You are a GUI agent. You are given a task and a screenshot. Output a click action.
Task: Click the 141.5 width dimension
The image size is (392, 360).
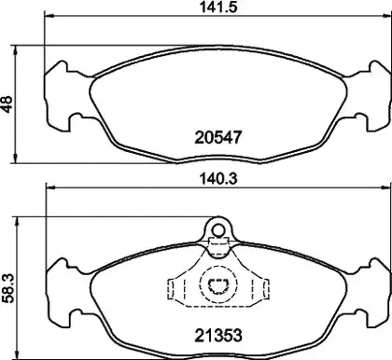(218, 7)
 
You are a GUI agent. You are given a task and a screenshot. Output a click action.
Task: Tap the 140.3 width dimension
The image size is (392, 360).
(218, 179)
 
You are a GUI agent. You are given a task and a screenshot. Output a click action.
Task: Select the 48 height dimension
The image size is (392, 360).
(7, 104)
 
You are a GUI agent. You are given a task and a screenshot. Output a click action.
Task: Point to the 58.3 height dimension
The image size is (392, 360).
(7, 288)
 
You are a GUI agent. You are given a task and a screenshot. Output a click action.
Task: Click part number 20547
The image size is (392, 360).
(218, 137)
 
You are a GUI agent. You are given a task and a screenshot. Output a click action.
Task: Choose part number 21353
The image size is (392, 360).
(218, 336)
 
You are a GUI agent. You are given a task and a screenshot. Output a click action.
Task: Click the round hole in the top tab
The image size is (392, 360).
(218, 230)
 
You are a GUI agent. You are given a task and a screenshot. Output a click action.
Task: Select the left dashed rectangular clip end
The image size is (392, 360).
(171, 289)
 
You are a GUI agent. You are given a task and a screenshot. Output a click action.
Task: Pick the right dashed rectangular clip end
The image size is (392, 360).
(265, 289)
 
